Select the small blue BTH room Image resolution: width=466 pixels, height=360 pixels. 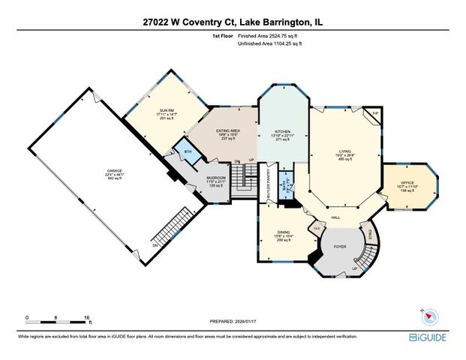pyautogui.click(x=182, y=148)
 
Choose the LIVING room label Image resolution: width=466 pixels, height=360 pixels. pyautogui.click(x=344, y=152)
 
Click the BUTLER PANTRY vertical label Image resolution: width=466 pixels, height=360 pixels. pyautogui.click(x=268, y=188)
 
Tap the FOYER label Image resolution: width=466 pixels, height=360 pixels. pyautogui.click(x=339, y=244)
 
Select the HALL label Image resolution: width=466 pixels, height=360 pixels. pyautogui.click(x=336, y=217)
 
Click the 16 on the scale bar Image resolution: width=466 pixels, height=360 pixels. pyautogui.click(x=89, y=318)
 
